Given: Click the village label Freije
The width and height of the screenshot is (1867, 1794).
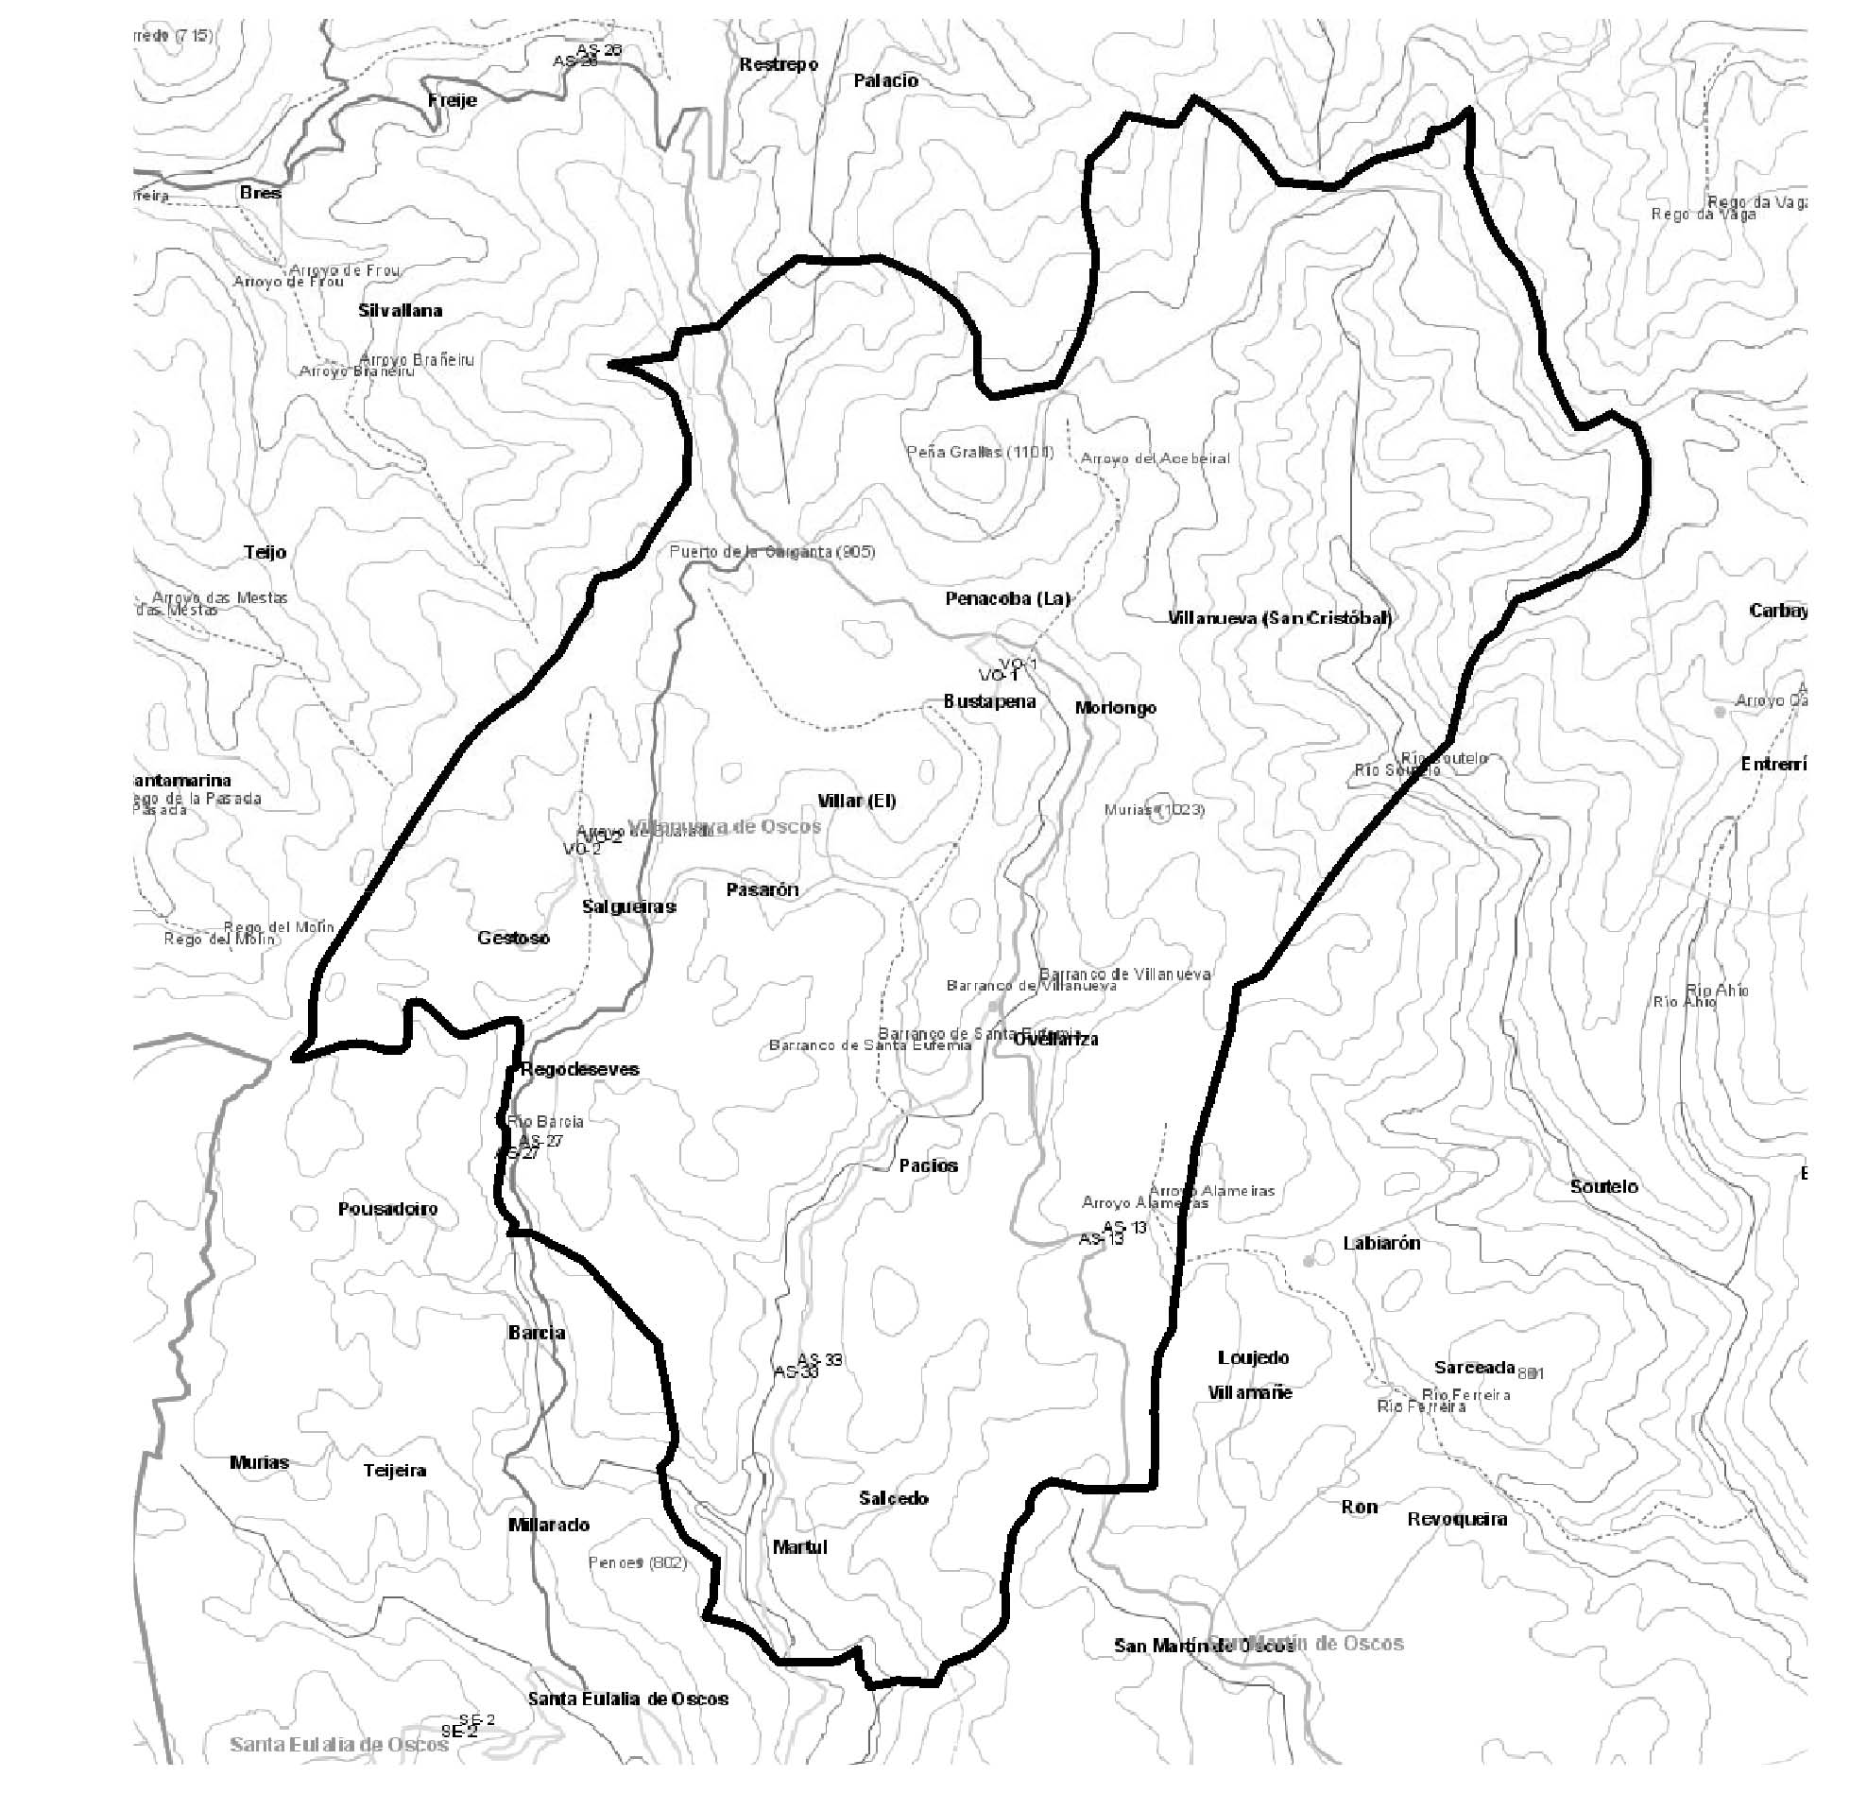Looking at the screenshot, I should [x=453, y=100].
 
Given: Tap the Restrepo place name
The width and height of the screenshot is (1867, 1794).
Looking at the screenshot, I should [x=779, y=65].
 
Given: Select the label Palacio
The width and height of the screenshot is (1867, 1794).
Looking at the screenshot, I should [x=885, y=81].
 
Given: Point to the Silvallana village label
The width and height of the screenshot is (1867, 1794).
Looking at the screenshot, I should [x=400, y=311].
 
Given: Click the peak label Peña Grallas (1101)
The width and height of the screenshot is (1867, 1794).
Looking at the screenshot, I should [x=979, y=452].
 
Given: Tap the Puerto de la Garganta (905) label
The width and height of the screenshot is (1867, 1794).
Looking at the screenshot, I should [x=772, y=552].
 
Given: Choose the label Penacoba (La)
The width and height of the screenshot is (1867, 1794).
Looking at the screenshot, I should [x=1007, y=598].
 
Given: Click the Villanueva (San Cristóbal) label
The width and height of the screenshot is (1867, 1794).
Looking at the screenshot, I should [x=1279, y=617].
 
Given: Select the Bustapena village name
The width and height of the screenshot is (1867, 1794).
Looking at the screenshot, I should [x=988, y=701].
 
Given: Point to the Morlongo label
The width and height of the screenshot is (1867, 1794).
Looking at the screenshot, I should [x=1116, y=708].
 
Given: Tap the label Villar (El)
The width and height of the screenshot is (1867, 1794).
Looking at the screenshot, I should [x=856, y=801].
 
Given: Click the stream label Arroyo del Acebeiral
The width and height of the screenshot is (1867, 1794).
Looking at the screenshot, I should [x=1155, y=458].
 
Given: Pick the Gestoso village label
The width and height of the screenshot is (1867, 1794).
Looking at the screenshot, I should [x=513, y=938].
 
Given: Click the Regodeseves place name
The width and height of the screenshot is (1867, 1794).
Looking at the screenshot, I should [x=579, y=1069].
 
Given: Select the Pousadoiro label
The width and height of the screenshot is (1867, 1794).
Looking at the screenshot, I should [x=387, y=1209].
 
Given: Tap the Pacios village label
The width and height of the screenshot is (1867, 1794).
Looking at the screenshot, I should [x=928, y=1165].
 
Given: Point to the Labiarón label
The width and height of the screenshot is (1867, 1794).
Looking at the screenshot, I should [x=1381, y=1243].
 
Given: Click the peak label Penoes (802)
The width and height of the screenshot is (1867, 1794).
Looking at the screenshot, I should [x=637, y=1562].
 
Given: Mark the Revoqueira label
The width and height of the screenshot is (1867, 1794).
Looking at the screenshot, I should [x=1456, y=1519].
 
